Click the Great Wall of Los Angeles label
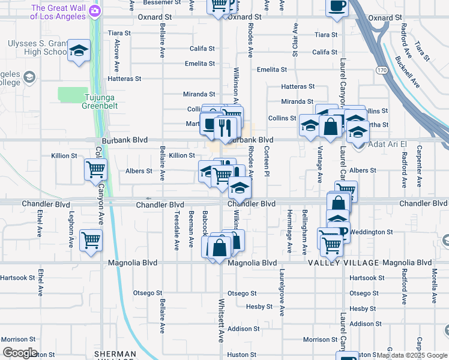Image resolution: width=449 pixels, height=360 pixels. coord(58,12)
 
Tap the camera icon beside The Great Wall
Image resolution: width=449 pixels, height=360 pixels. coord(94,11)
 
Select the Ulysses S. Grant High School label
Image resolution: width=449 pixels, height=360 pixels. coord(36,47)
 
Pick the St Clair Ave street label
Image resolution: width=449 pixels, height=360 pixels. coord(295,40)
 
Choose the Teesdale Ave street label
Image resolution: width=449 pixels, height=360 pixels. coord(176,230)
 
